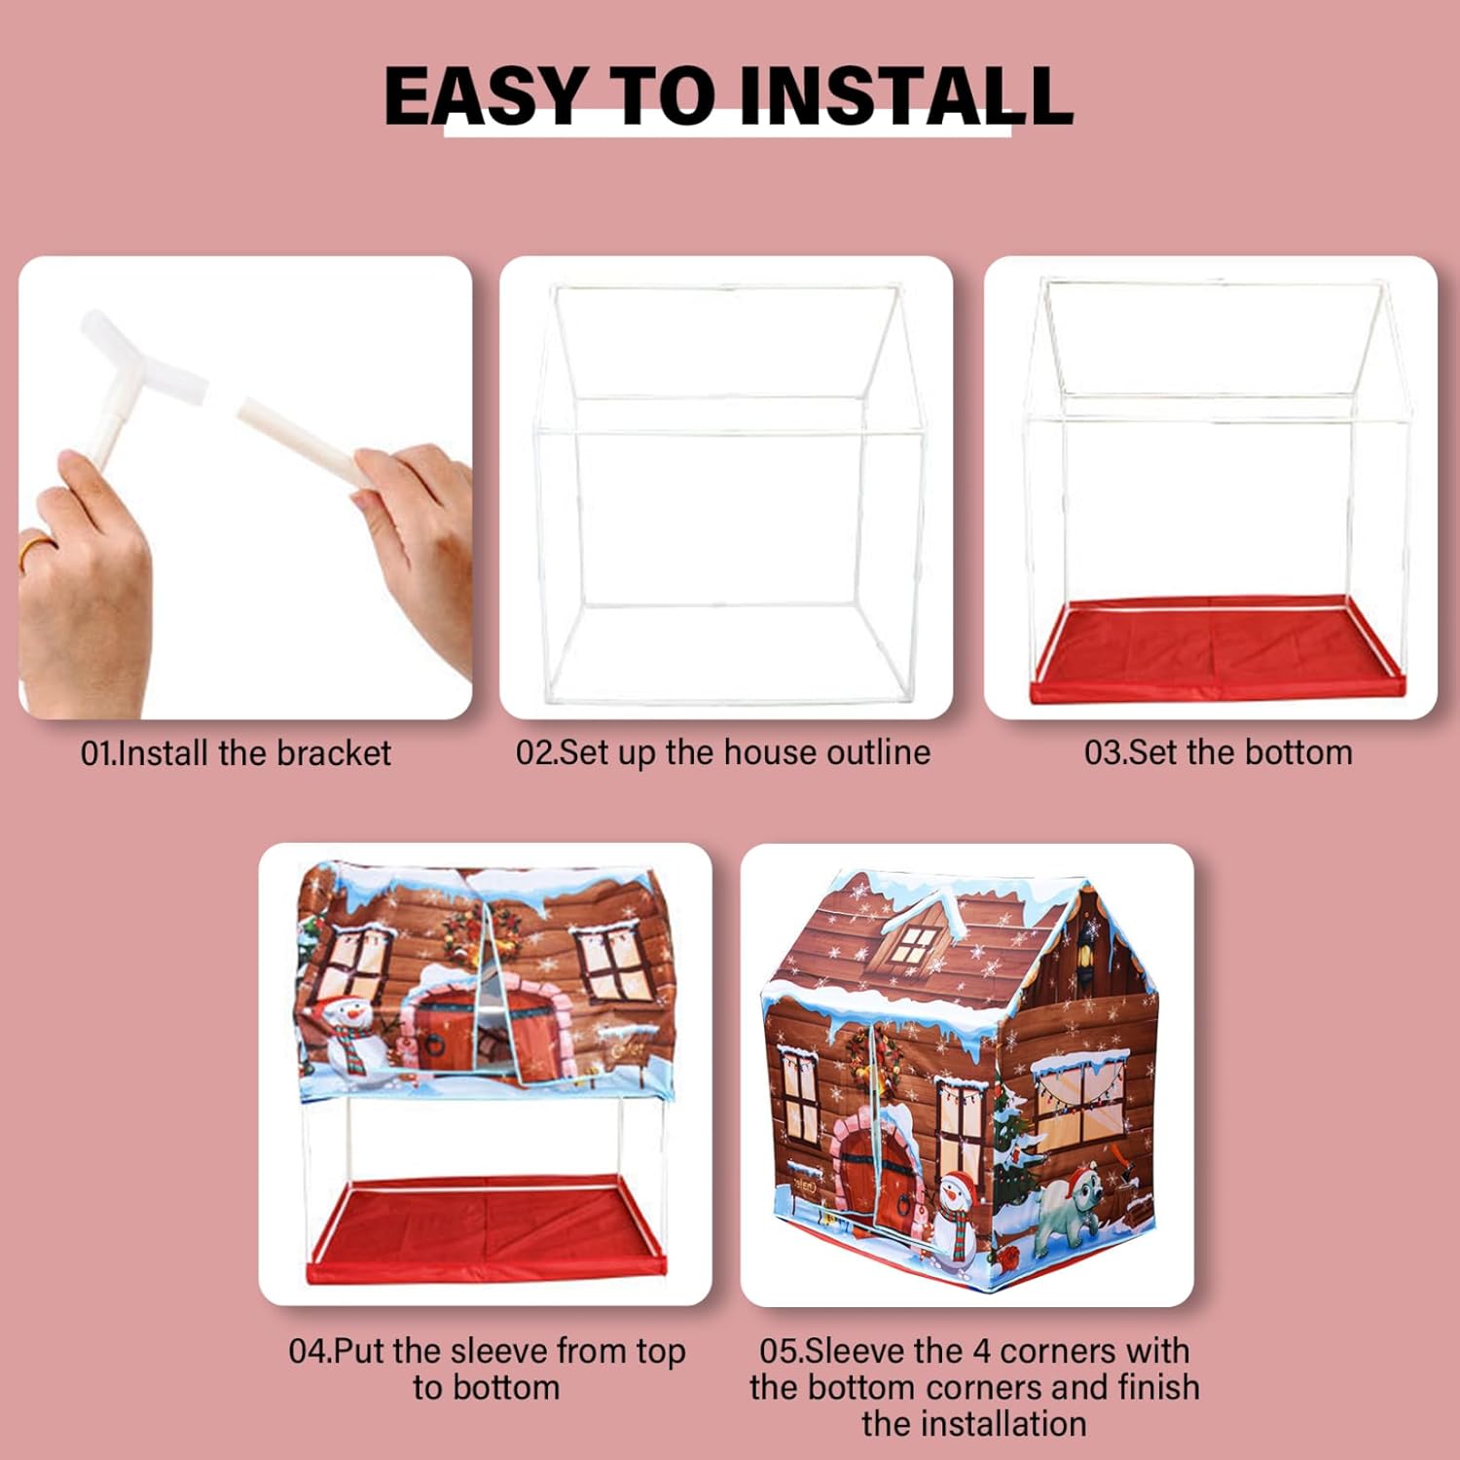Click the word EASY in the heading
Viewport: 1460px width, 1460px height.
[485, 96]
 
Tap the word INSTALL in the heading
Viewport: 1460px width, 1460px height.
[905, 96]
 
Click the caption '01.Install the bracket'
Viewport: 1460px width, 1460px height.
[236, 753]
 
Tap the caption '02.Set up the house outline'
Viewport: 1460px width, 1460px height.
[723, 753]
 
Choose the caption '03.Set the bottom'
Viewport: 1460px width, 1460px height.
[1219, 753]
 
